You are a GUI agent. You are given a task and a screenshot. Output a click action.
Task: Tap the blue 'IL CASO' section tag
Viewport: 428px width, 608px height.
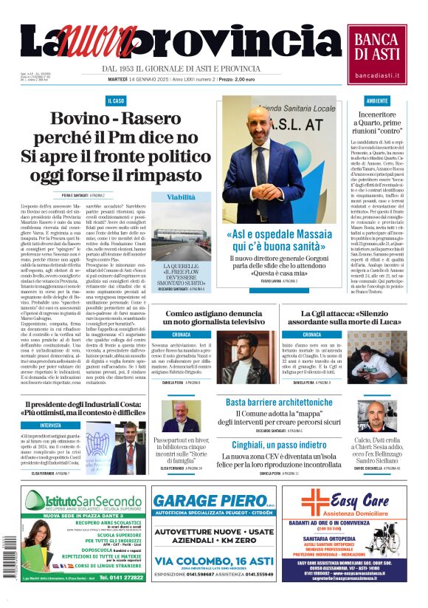coord(116,100)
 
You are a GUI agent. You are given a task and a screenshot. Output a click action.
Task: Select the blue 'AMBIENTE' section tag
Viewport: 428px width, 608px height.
coord(377,100)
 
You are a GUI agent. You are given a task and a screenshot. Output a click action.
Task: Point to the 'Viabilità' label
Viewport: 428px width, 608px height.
coord(181,198)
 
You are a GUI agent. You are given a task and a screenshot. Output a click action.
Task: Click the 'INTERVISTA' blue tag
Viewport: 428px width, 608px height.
coord(51,426)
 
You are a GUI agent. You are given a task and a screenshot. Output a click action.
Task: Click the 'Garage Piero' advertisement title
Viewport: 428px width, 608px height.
coord(213,501)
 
